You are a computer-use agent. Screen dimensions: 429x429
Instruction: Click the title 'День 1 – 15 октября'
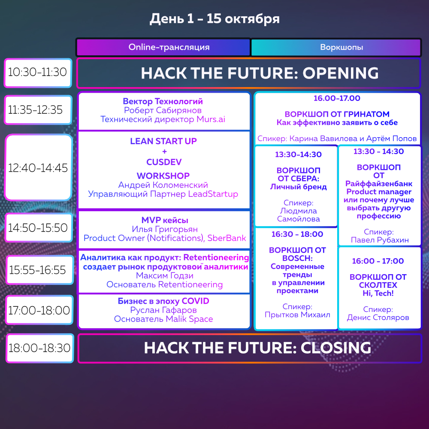click(x=214, y=19)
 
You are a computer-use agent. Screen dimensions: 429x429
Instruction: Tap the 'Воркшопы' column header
click(x=336, y=47)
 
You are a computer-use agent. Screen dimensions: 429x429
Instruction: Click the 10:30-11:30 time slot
click(x=38, y=73)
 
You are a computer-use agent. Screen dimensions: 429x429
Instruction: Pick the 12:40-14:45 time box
click(x=39, y=167)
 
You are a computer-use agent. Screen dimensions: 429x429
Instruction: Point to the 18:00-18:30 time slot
click(x=39, y=348)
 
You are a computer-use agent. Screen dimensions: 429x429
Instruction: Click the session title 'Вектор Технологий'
click(x=163, y=101)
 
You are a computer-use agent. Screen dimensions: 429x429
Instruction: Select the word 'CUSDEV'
click(x=164, y=162)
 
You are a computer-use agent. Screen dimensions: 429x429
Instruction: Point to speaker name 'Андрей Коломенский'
click(x=163, y=185)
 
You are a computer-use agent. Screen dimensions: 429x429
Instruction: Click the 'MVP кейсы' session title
click(x=165, y=220)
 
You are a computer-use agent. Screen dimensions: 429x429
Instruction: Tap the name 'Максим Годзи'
click(x=165, y=275)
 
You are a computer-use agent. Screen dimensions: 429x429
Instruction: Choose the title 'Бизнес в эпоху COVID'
click(x=163, y=301)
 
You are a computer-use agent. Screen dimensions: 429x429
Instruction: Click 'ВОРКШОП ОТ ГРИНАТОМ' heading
click(x=337, y=114)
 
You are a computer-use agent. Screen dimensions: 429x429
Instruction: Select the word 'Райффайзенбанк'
click(x=379, y=184)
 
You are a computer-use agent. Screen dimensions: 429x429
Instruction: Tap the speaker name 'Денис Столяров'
click(x=378, y=317)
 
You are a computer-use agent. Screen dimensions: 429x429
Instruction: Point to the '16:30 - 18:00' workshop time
click(x=297, y=234)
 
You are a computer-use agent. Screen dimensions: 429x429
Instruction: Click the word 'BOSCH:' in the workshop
click(x=297, y=258)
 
